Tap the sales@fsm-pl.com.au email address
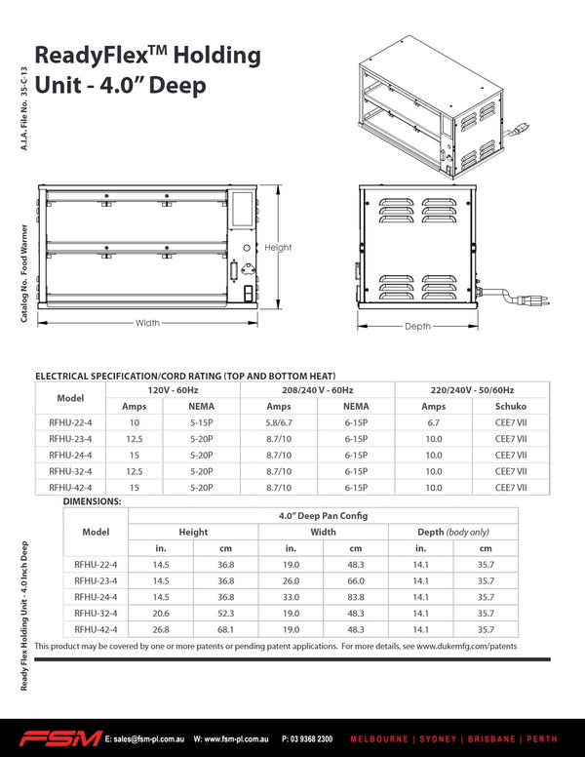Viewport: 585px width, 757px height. [x=145, y=739]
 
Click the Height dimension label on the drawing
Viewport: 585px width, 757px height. [x=278, y=248]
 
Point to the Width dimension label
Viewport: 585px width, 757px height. [x=147, y=323]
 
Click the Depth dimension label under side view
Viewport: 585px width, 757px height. [x=417, y=326]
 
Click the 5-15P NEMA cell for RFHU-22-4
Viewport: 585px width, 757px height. [x=202, y=422]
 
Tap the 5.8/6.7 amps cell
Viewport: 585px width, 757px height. [x=279, y=422]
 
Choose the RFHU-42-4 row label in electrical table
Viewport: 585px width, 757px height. [x=70, y=487]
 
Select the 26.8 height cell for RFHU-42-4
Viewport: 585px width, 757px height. [x=161, y=629]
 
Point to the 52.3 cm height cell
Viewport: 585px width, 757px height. [x=225, y=613]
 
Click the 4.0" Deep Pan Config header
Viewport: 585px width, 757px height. [x=323, y=515]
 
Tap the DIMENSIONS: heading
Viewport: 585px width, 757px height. [x=92, y=500]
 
